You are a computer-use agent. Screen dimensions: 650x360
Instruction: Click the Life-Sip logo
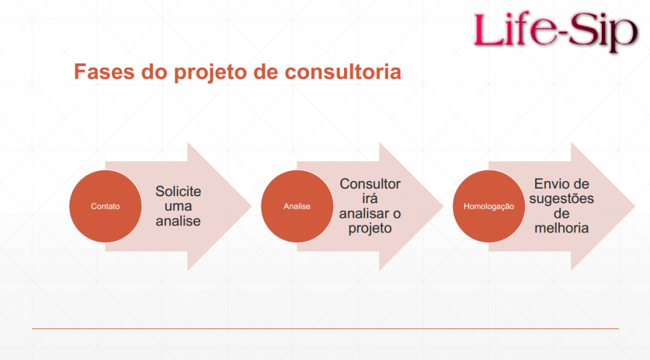555,30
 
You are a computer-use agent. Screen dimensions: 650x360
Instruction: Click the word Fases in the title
105,71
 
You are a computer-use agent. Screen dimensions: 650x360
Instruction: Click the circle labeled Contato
105,206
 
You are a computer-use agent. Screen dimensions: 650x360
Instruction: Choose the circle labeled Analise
297,206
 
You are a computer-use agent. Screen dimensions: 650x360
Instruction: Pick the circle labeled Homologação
489,206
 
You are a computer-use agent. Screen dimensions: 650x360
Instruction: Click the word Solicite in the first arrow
178,191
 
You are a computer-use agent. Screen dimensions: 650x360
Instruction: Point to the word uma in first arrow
178,206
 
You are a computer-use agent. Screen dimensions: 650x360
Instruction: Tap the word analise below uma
178,221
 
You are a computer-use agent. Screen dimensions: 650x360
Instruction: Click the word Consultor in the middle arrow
370,183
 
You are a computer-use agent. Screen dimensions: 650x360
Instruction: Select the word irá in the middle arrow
370,198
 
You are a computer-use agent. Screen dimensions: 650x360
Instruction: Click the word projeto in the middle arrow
370,229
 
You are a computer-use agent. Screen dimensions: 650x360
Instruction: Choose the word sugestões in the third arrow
562,199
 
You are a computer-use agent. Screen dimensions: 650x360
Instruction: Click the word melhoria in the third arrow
562,228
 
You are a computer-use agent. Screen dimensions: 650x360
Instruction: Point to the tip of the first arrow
251,206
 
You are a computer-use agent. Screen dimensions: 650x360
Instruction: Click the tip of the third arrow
635,206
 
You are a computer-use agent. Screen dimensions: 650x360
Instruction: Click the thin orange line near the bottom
326,328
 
